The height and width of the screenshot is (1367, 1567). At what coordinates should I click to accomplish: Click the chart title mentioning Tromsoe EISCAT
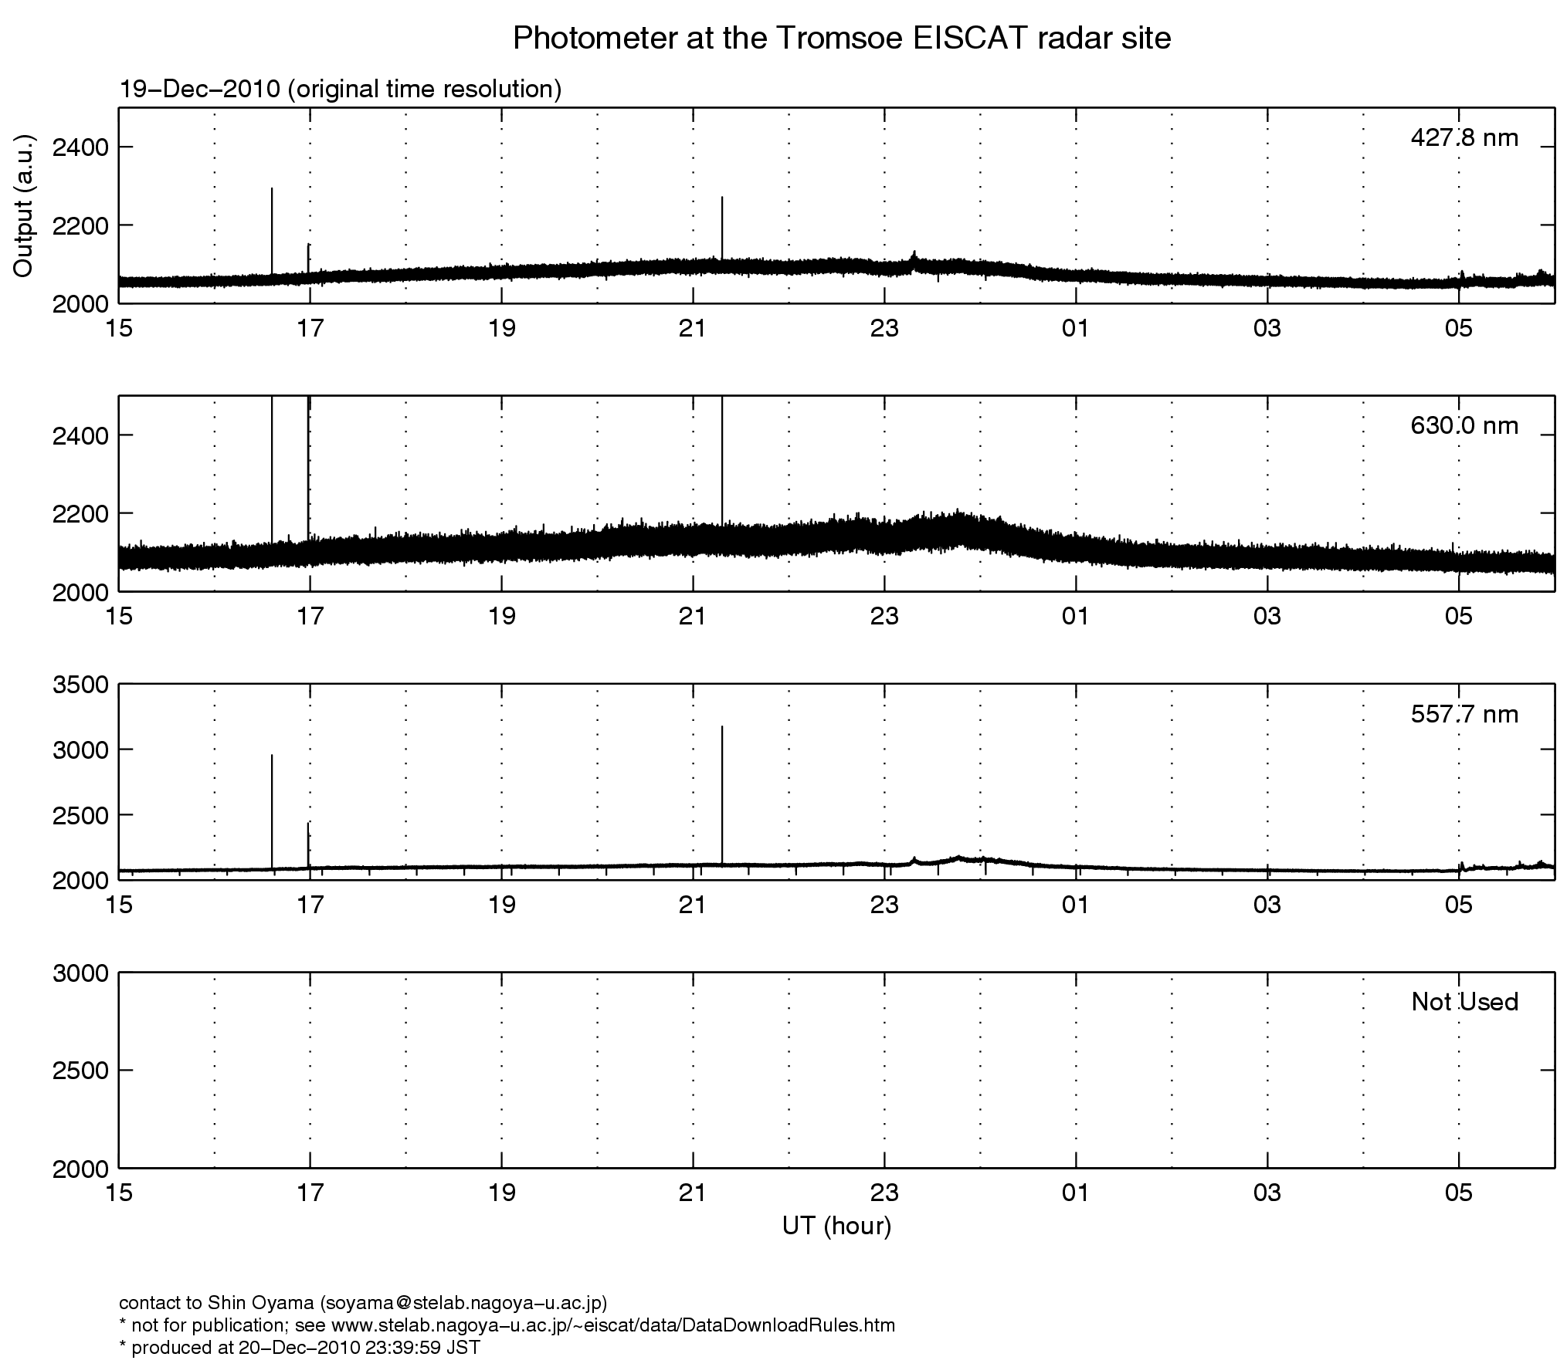point(842,38)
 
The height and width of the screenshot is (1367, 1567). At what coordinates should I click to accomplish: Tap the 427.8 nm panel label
point(1464,138)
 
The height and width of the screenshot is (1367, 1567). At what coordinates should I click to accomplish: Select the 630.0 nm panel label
point(1464,425)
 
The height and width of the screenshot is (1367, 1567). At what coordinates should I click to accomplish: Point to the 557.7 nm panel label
point(1464,714)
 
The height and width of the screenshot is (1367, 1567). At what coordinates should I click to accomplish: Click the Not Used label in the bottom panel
point(1464,1002)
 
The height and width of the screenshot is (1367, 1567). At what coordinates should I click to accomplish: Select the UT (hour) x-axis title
point(836,1226)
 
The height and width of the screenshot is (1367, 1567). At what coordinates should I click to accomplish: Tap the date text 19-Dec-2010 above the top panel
point(199,90)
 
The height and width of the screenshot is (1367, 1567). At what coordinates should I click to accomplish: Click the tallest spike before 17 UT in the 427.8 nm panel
point(272,224)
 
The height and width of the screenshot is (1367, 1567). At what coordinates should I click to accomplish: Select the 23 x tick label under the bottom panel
point(884,1193)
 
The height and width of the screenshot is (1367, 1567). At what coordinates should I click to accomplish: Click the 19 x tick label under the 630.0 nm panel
point(502,617)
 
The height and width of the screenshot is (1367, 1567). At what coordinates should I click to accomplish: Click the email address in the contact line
point(461,1303)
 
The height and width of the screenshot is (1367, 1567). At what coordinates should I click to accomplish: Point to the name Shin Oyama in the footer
point(260,1303)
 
